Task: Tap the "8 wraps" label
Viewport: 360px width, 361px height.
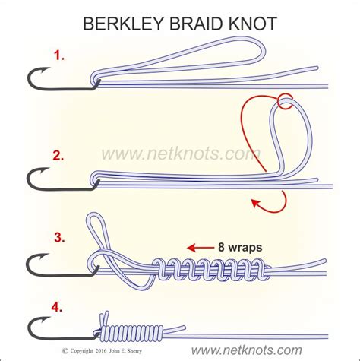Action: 242,247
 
